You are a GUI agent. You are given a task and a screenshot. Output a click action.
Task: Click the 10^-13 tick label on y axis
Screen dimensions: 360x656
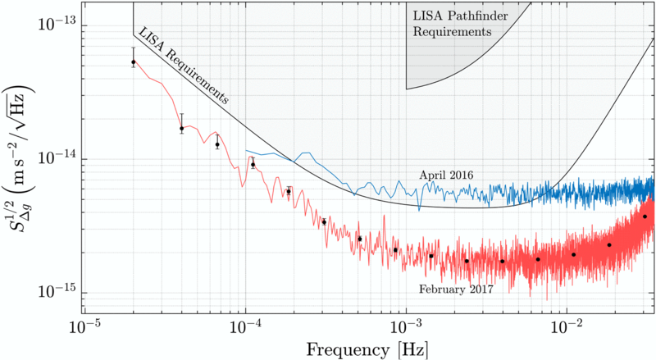[x=52, y=24]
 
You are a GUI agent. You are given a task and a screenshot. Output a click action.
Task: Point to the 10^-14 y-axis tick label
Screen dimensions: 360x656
[x=52, y=158]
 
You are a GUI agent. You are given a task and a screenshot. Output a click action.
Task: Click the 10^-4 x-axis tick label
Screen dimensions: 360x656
[x=245, y=327]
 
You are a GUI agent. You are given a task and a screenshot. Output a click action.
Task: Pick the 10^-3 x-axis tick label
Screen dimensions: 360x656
[x=405, y=327]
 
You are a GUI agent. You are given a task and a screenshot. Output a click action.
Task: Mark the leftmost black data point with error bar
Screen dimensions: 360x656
[x=134, y=62]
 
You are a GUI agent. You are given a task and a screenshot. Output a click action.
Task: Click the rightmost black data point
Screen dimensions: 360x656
[x=645, y=216]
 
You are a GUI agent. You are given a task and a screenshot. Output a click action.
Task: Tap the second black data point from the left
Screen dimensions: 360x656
[x=182, y=129]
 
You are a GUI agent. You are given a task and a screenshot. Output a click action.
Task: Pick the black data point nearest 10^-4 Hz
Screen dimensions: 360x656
[x=253, y=165]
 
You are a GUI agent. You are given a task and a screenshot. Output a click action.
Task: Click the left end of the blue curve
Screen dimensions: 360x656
[x=246, y=151]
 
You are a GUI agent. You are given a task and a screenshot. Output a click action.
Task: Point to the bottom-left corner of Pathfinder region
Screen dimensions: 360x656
[x=407, y=89]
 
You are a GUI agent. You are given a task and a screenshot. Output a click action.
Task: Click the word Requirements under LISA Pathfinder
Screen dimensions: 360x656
[x=451, y=33]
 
